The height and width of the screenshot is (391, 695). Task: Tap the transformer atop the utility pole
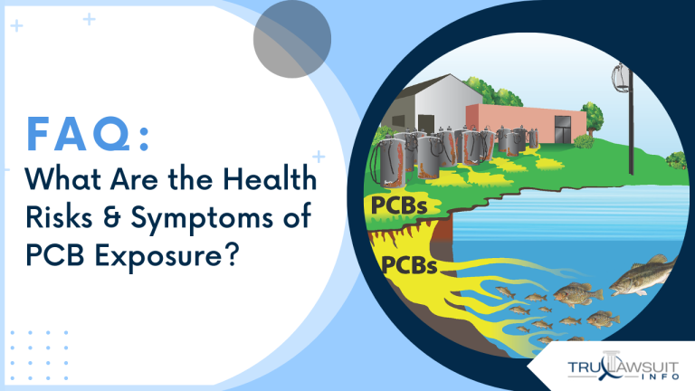pyautogui.click(x=622, y=79)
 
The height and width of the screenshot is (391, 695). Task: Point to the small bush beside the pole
pyautogui.click(x=583, y=141)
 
